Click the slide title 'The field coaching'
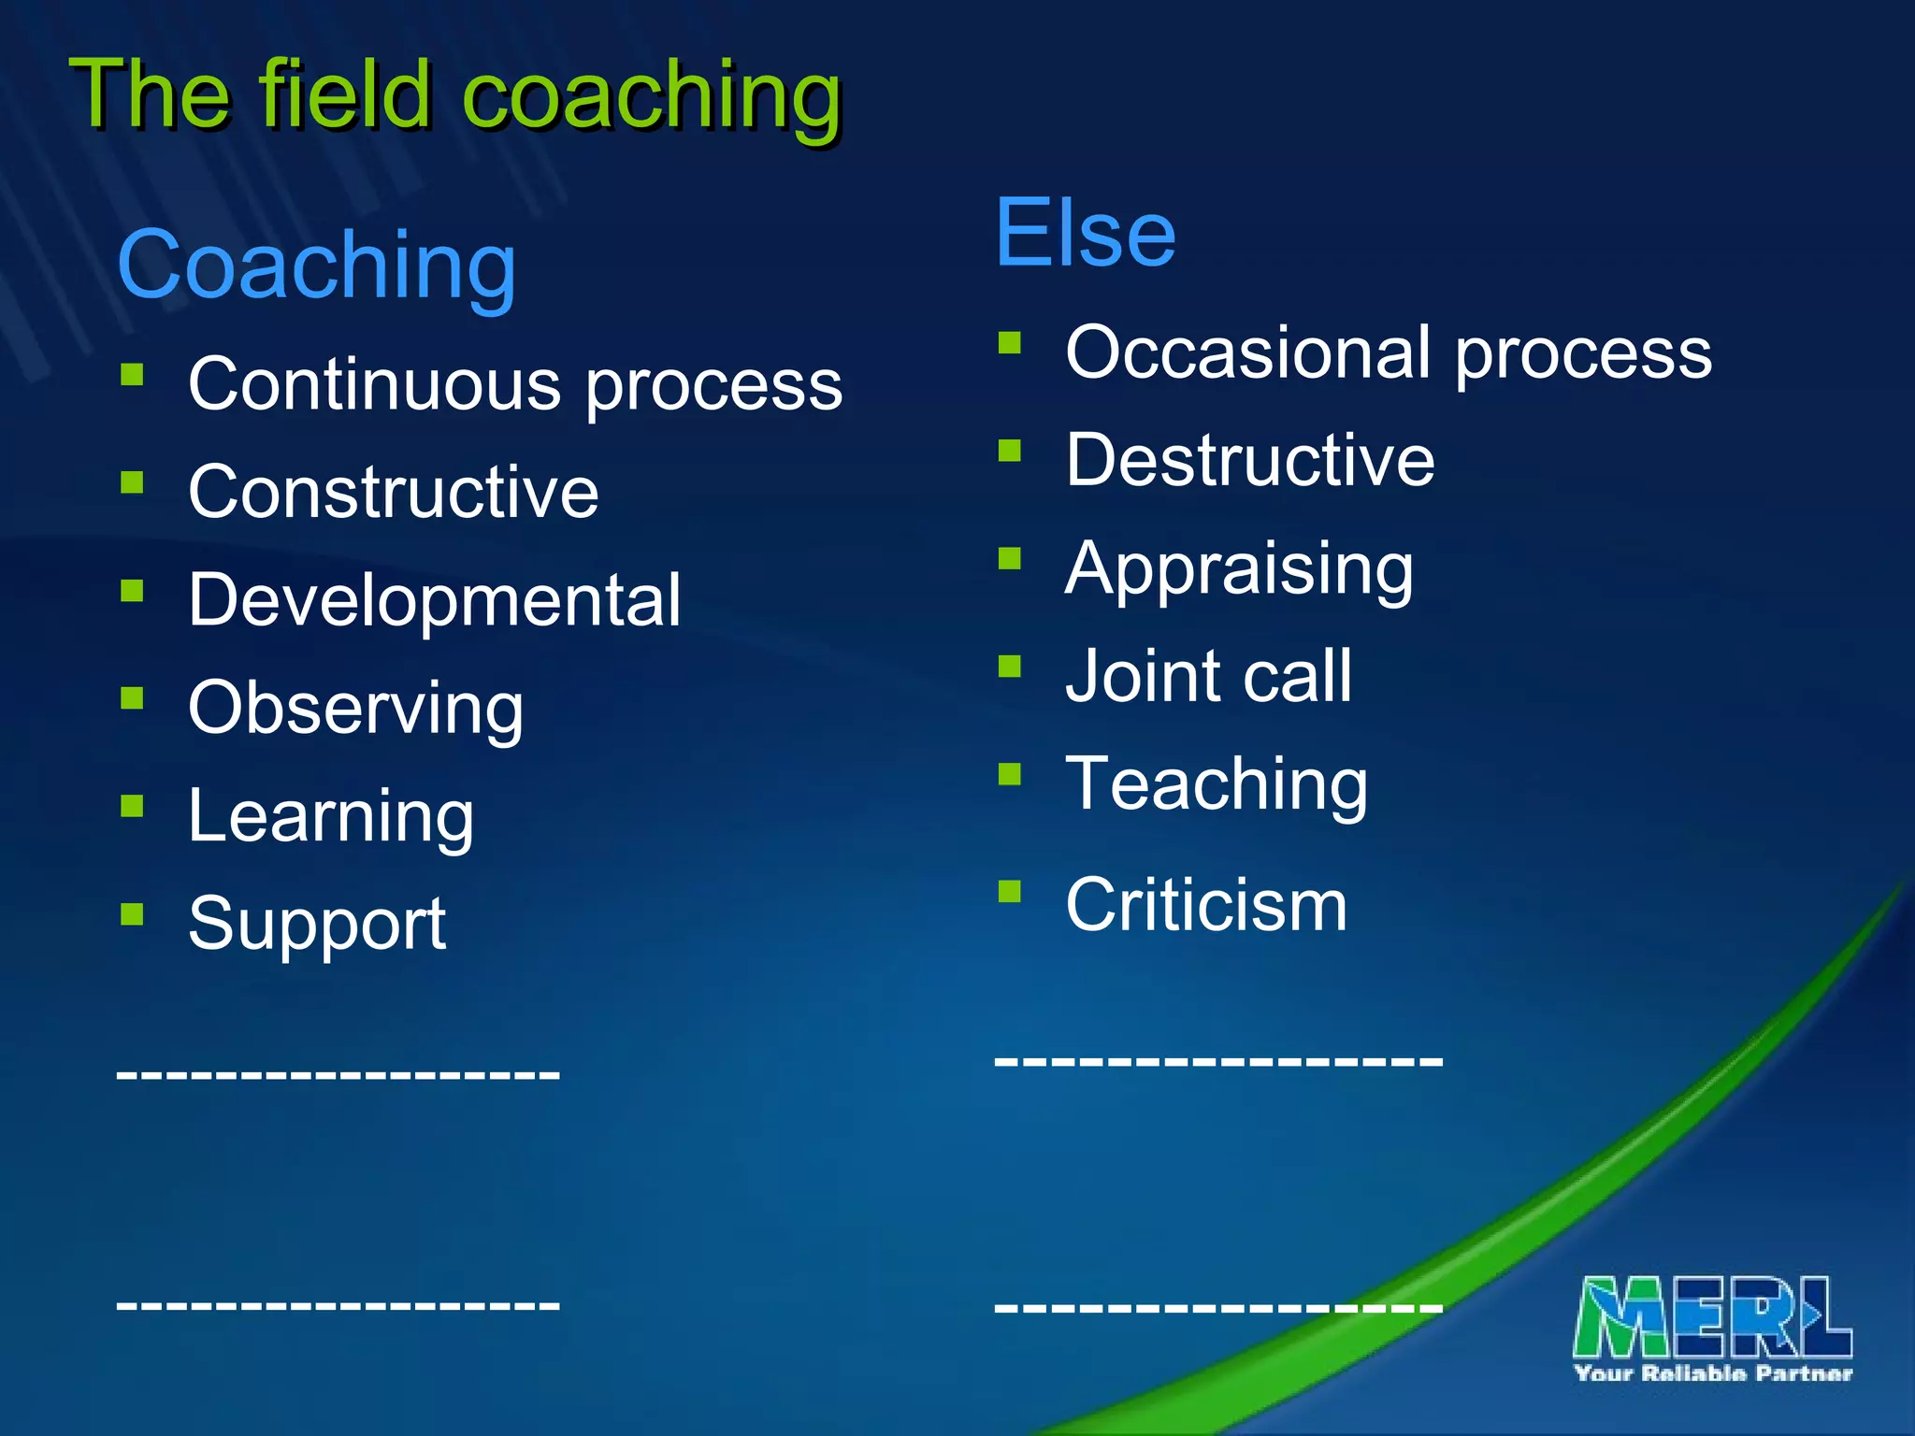[x=455, y=95]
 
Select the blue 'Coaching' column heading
[x=316, y=266]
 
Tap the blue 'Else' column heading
[x=1085, y=233]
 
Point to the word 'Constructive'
[x=393, y=492]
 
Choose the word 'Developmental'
[x=434, y=600]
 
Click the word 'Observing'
[x=355, y=709]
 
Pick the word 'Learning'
[x=331, y=816]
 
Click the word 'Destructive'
[x=1249, y=460]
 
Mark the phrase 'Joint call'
[x=1208, y=676]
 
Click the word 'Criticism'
[x=1206, y=905]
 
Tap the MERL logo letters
[x=1712, y=1317]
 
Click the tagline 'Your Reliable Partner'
[x=1713, y=1373]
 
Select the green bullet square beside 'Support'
[x=132, y=913]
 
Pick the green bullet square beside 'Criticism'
[x=1009, y=891]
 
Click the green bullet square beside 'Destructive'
[x=1009, y=452]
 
